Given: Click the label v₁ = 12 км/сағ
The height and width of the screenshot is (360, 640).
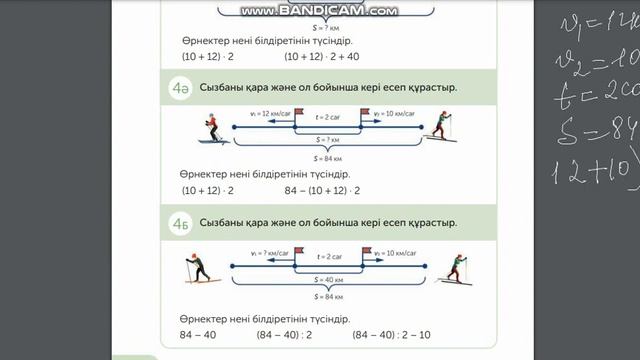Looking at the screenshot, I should click(270, 116).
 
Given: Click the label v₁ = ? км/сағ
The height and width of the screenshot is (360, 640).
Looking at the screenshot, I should click(267, 255).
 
